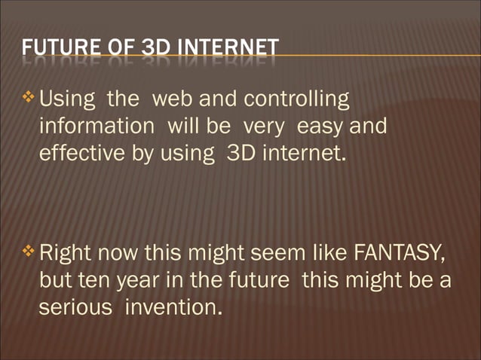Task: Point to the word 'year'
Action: tap(133, 279)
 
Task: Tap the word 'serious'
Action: tap(74, 307)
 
